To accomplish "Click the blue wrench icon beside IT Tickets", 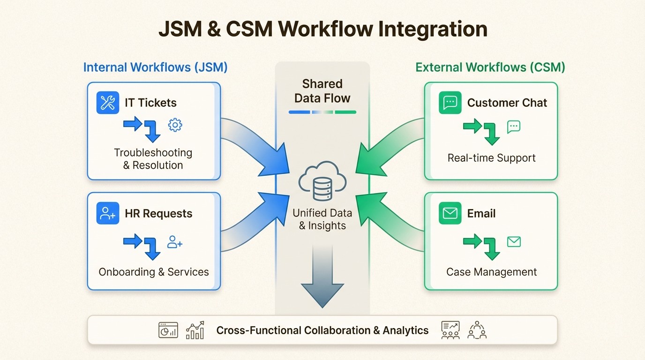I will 108,103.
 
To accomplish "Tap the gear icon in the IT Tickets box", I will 175,125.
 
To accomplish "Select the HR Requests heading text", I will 158,214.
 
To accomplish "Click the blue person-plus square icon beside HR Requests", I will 108,214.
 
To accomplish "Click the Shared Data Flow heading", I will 322,91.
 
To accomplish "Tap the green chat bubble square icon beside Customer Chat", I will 450,103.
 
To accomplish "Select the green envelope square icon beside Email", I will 450,213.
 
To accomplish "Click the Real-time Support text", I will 491,158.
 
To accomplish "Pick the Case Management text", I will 491,272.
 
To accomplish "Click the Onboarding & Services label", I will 154,272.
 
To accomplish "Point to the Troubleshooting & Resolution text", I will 153,159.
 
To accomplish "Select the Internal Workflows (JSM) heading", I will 155,67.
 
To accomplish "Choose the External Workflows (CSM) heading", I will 490,67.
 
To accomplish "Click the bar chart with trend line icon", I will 195,330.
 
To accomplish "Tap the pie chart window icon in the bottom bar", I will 168,330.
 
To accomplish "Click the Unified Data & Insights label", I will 322,219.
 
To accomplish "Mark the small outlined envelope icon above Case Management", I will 514,242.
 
